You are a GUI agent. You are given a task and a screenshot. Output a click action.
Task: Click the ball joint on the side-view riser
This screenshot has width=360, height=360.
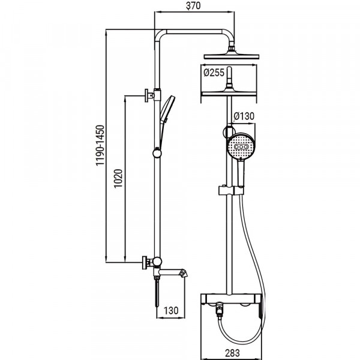[x=157, y=153]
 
